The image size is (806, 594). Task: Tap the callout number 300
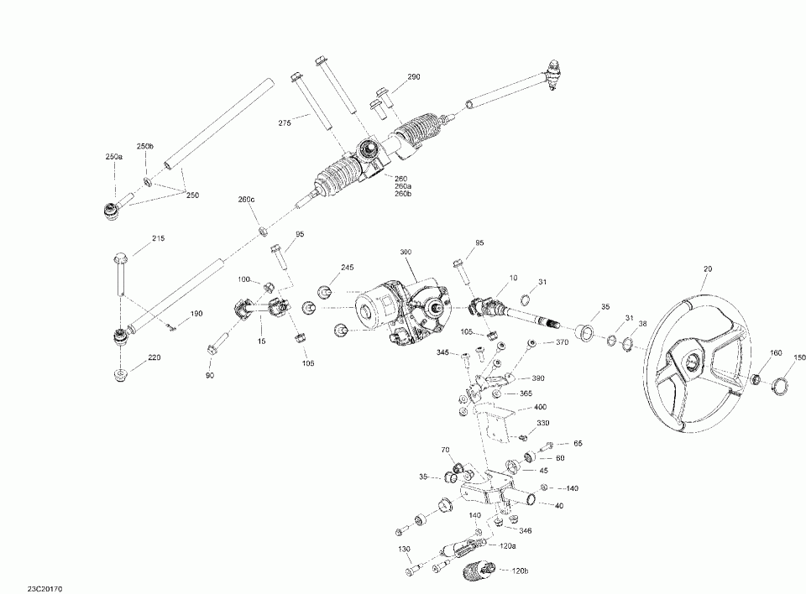406,253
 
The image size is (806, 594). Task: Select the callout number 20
708,268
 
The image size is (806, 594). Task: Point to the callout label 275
285,123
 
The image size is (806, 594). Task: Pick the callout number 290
413,77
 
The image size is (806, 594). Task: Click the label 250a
113,158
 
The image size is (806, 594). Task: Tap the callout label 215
159,239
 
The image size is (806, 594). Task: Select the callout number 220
154,357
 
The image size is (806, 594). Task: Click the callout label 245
348,268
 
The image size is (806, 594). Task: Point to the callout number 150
799,357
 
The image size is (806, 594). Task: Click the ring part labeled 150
779,386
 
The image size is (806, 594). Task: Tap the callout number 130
404,549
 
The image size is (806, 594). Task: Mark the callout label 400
540,407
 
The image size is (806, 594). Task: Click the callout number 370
562,342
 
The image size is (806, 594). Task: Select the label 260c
245,200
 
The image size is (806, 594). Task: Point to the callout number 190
196,314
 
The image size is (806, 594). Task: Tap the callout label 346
526,530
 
